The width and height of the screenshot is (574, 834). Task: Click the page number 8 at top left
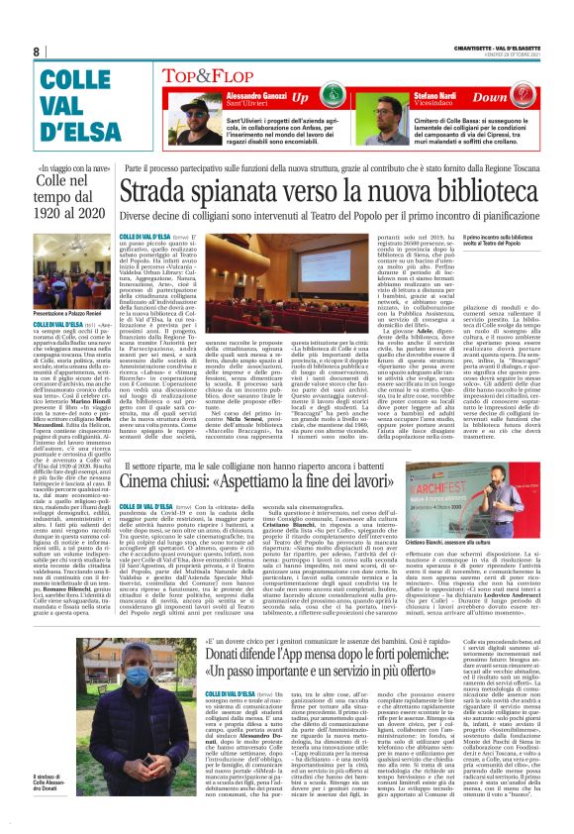(x=37, y=52)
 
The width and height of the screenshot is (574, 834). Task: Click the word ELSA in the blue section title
(x=70, y=131)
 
